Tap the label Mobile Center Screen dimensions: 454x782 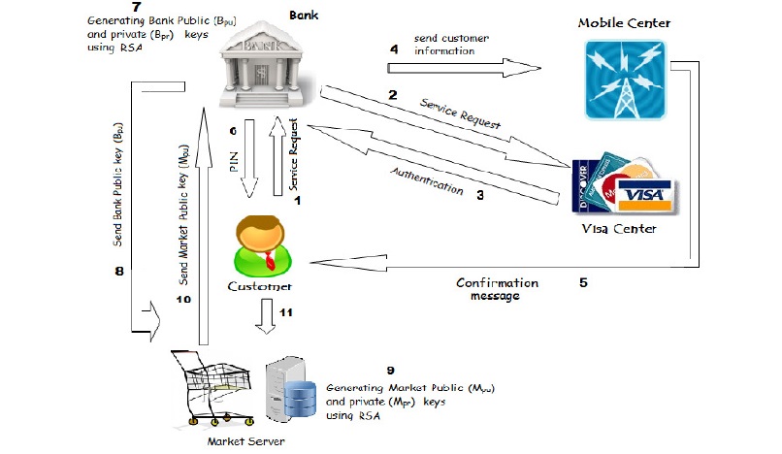624,22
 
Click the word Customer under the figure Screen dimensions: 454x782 260,287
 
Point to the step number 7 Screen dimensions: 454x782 96,7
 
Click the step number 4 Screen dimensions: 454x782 393,49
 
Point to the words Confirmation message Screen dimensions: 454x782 498,289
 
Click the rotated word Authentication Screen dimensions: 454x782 427,180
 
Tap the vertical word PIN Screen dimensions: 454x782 234,162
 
